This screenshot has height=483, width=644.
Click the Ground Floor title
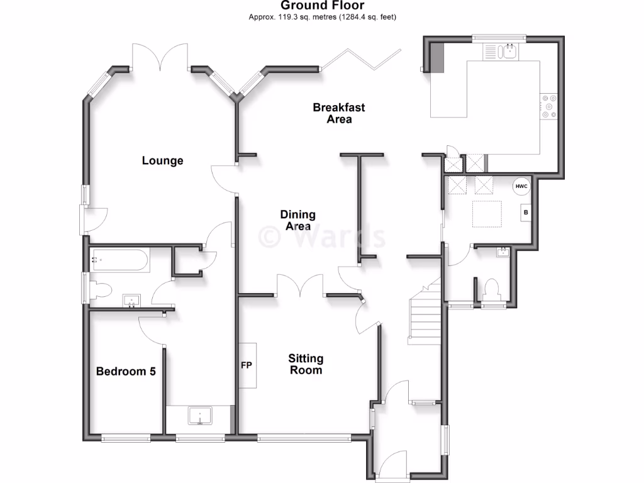pos(322,6)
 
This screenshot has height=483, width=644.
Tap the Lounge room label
pos(162,161)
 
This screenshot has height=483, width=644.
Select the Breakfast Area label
pos(339,113)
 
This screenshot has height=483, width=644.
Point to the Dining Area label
pos(297,221)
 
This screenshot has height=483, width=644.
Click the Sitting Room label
pos(306,364)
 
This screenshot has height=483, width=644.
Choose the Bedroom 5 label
pos(126,372)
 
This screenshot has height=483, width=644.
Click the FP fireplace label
pos(246,365)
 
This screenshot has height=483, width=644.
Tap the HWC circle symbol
pos(521,187)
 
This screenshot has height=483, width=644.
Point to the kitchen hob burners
pos(548,106)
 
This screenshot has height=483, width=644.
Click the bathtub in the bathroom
pos(119,259)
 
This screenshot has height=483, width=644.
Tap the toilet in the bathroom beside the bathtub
pos(101,290)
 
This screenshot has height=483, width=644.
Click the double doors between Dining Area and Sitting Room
pos(301,286)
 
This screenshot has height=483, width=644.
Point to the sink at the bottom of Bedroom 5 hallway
pos(201,416)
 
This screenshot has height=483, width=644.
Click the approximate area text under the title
pos(322,18)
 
